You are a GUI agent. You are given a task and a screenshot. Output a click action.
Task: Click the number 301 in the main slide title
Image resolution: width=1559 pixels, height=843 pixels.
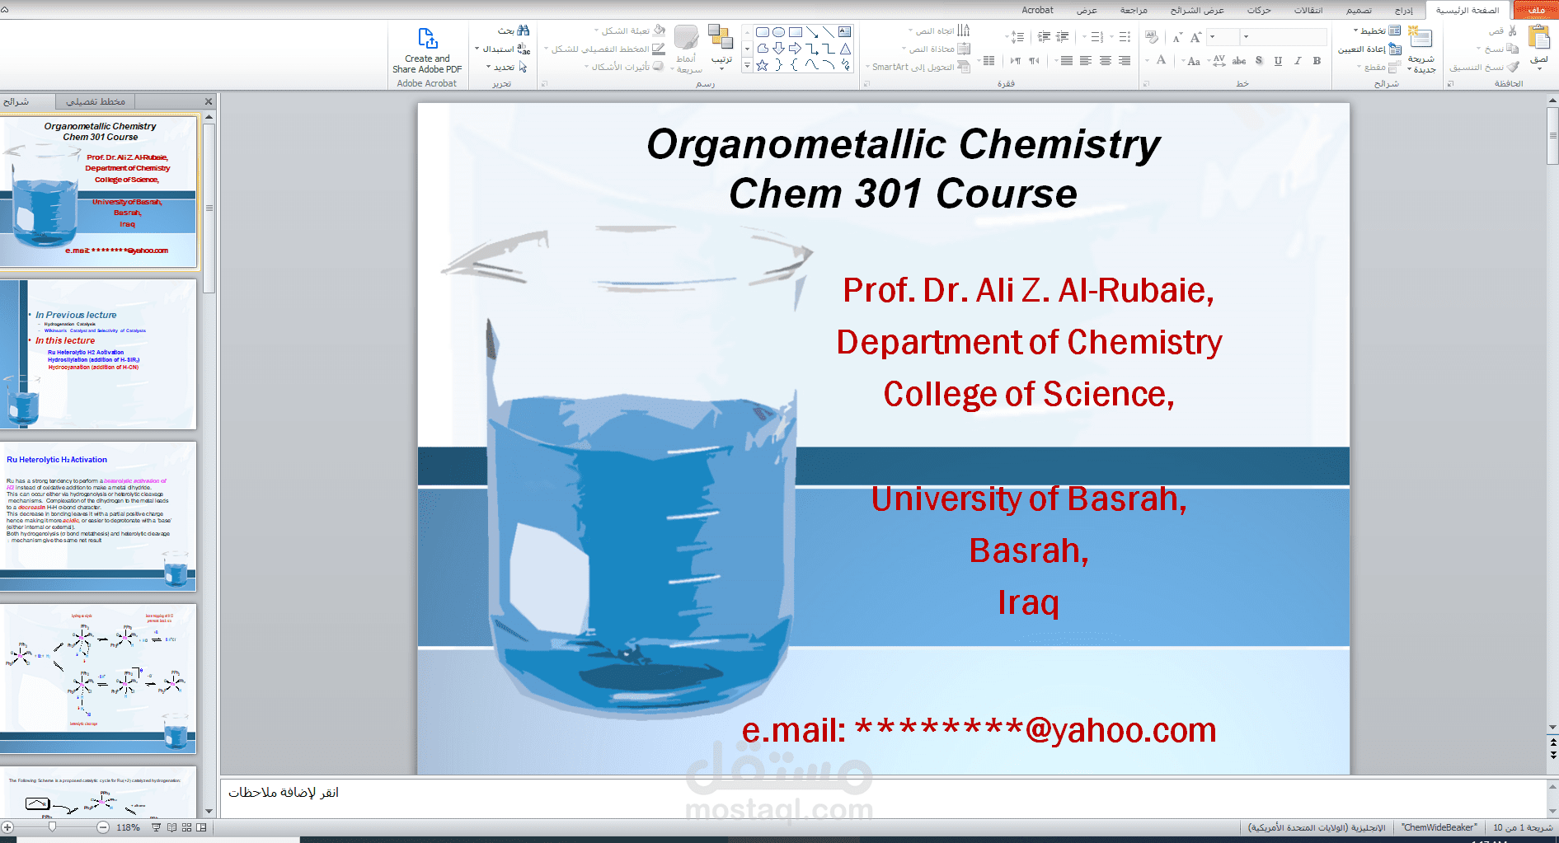(x=888, y=194)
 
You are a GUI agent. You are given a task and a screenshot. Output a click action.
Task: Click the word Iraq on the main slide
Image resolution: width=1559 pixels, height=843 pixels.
(x=1028, y=603)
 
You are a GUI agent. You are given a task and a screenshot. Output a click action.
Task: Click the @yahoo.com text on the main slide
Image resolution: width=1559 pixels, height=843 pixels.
(x=1120, y=731)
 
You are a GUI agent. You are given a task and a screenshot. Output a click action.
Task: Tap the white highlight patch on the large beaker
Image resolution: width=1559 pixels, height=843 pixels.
(x=549, y=576)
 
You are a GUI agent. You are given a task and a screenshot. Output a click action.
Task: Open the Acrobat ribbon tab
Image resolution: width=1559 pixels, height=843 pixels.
(x=1037, y=10)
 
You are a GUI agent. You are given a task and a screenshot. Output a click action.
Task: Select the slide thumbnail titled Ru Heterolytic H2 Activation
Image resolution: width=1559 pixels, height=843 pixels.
(x=98, y=516)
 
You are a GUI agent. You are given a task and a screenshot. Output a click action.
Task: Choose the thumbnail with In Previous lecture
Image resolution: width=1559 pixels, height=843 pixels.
(x=98, y=354)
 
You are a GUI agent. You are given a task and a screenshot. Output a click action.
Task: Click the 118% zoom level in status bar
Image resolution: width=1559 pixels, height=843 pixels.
(x=128, y=827)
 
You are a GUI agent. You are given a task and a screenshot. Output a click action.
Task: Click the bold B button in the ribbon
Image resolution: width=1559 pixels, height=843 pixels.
(x=1317, y=61)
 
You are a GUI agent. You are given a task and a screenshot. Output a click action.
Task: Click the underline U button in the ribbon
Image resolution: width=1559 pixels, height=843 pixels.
(x=1278, y=61)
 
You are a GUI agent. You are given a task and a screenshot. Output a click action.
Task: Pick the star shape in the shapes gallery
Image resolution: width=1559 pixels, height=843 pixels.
(x=763, y=65)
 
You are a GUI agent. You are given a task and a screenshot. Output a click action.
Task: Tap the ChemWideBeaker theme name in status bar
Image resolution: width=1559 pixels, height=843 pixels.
(x=1439, y=827)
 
